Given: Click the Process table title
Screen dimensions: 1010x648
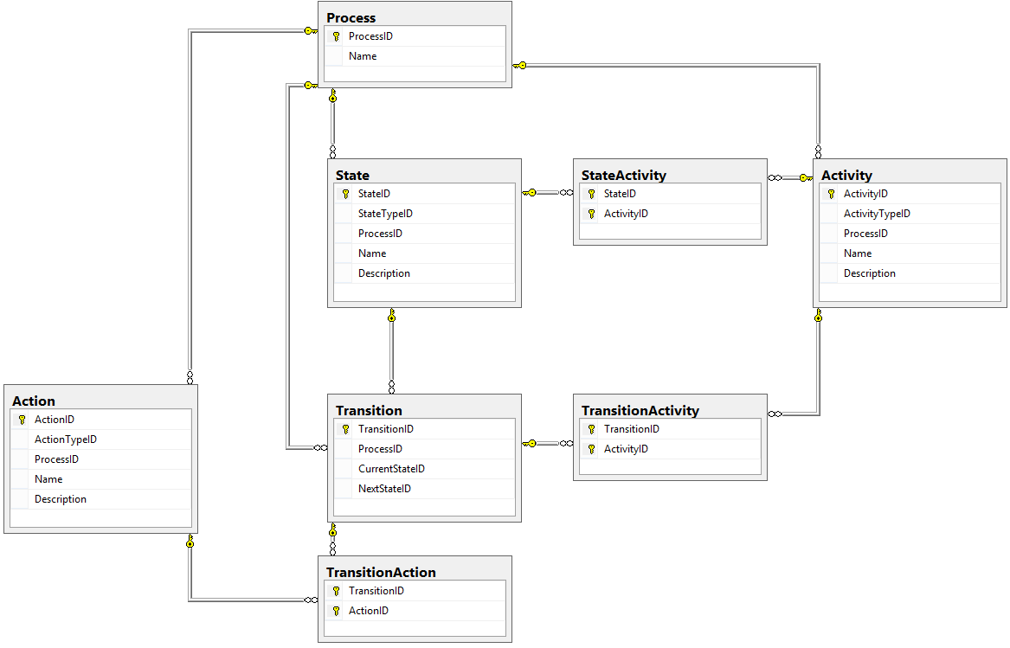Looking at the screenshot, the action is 351,18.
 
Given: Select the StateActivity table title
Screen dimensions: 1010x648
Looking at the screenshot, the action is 623,176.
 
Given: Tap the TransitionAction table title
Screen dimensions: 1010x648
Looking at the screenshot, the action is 381,572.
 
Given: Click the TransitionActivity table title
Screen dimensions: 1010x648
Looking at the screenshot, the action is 640,410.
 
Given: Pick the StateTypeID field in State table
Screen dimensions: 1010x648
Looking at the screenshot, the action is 385,214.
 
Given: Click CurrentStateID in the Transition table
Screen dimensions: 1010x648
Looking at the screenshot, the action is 392,469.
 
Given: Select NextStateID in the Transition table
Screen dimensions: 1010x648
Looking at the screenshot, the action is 384,489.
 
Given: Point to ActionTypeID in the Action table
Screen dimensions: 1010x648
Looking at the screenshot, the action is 66,440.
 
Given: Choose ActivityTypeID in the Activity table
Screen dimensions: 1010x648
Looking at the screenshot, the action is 877,214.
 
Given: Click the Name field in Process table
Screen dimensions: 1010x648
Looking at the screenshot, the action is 363,56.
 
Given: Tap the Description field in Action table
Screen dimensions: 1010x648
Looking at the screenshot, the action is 61,499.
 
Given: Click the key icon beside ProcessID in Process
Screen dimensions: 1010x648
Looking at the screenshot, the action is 337,36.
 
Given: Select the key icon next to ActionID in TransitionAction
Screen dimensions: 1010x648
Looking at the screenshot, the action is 337,611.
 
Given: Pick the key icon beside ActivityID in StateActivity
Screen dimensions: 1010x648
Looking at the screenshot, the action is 591,214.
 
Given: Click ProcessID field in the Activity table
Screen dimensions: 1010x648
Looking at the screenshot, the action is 865,234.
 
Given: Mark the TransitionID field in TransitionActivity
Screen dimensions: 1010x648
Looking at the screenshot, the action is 631,429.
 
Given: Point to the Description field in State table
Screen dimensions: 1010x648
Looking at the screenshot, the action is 384,273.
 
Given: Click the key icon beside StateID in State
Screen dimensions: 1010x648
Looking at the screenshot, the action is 346,194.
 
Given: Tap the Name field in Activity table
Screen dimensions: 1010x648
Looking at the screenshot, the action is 858,253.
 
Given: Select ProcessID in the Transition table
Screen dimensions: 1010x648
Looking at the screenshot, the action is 380,449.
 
